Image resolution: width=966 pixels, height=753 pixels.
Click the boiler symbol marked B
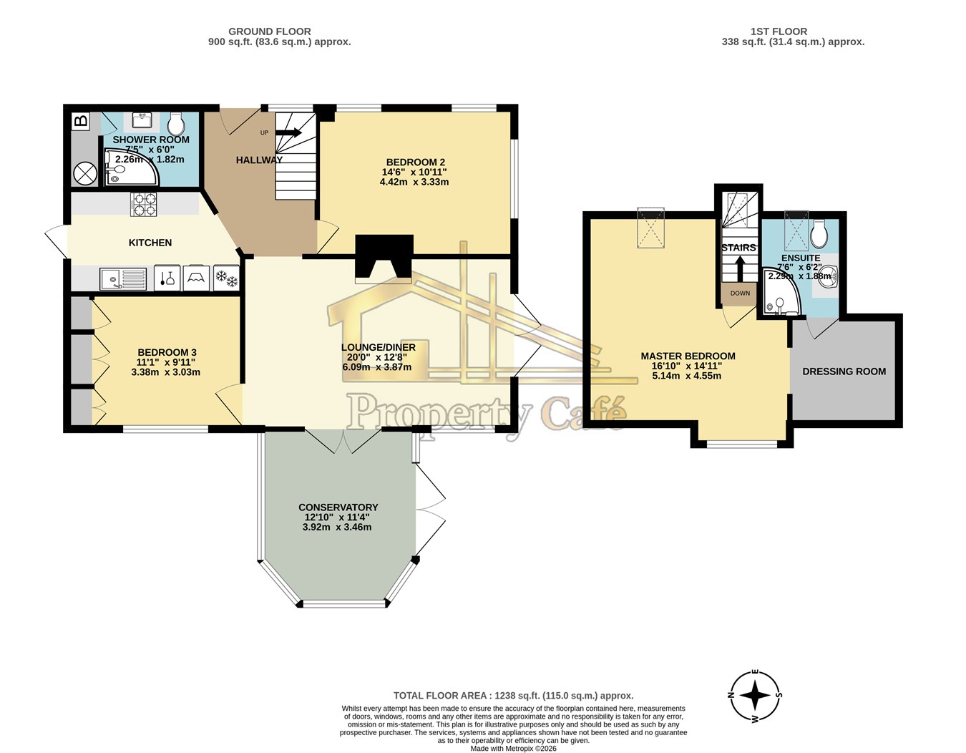[x=80, y=121]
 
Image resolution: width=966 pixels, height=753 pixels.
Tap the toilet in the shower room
[x=177, y=123]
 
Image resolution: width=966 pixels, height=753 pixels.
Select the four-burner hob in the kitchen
[x=144, y=204]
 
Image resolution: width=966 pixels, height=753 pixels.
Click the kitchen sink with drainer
[x=122, y=279]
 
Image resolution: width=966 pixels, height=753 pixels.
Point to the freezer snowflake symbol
[x=226, y=278]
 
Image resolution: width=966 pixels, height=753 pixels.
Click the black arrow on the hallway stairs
[x=288, y=132]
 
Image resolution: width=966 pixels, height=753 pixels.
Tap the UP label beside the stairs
[x=264, y=132]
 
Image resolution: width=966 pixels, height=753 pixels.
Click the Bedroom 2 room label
[x=415, y=162]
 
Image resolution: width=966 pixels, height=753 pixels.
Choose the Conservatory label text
[x=338, y=507]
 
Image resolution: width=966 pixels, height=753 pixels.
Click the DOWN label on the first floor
[x=740, y=293]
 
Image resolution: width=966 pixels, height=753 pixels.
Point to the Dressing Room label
[x=844, y=371]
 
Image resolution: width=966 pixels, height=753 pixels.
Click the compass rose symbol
[x=754, y=696]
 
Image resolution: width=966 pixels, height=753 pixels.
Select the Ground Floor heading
[x=269, y=31]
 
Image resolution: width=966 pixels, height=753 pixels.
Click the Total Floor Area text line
[x=514, y=696]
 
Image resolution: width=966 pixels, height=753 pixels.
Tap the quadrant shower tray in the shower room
[x=130, y=167]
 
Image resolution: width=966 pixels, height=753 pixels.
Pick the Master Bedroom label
[x=688, y=356]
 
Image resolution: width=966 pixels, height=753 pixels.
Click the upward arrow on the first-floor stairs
[x=739, y=269]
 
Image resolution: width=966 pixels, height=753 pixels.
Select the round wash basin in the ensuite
[x=829, y=276]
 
